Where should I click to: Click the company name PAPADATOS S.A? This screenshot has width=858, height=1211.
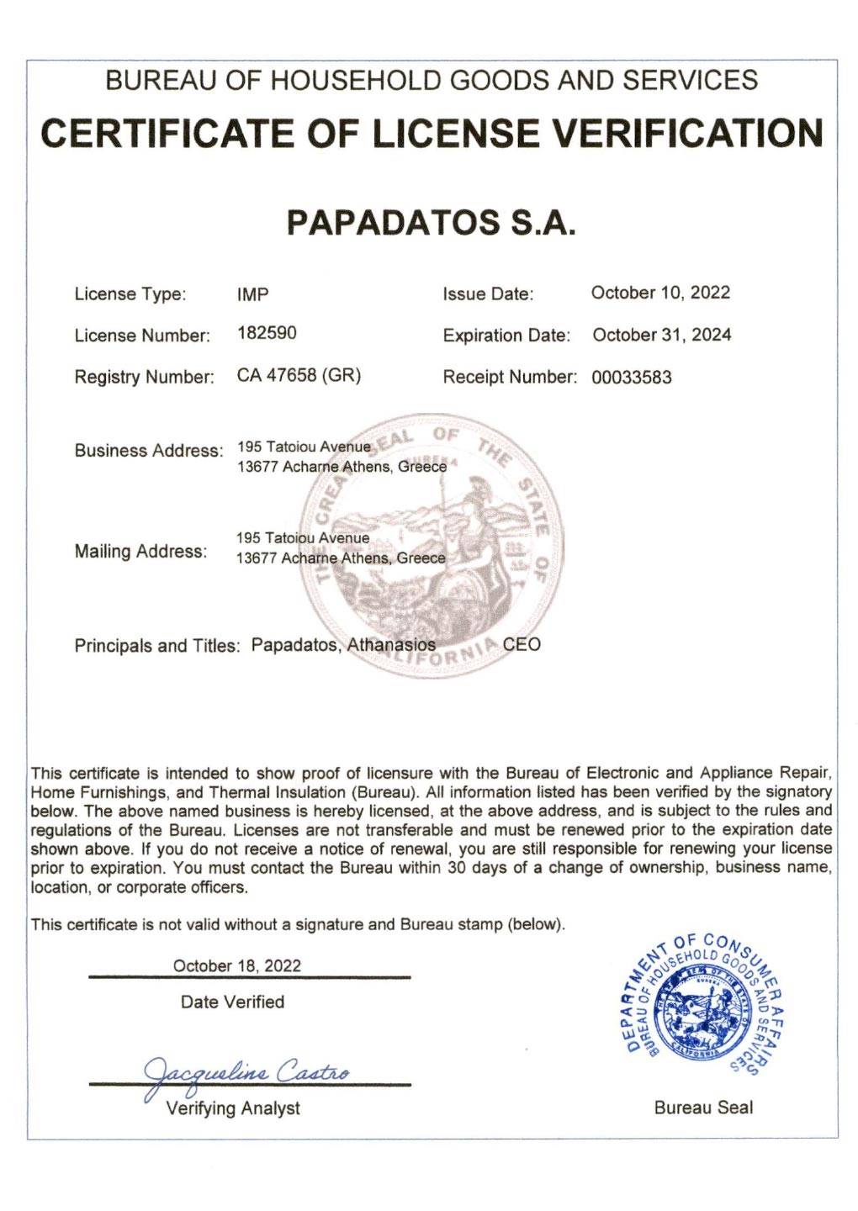[x=431, y=222]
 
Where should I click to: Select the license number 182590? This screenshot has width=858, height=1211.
[x=267, y=333]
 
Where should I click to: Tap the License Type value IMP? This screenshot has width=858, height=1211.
[x=253, y=294]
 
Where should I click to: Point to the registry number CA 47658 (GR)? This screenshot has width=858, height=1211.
[x=299, y=375]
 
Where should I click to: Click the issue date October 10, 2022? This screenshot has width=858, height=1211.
[x=660, y=293]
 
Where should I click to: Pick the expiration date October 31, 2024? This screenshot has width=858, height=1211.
[x=661, y=335]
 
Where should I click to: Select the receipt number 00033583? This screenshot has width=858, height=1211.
[x=631, y=378]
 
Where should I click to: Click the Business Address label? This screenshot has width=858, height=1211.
[x=149, y=450]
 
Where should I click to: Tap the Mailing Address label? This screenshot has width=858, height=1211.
[x=140, y=552]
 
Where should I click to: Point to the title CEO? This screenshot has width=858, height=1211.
[x=522, y=645]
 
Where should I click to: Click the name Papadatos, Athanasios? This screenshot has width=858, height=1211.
[x=343, y=645]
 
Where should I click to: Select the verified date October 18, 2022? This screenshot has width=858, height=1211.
[x=236, y=965]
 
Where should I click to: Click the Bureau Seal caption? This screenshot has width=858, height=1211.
[x=703, y=1108]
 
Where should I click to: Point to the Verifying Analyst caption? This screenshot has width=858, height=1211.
[x=233, y=1108]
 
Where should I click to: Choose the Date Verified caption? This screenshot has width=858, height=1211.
[x=232, y=1002]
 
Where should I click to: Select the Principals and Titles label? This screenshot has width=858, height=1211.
[x=157, y=646]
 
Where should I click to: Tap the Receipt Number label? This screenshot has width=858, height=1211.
[x=510, y=377]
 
